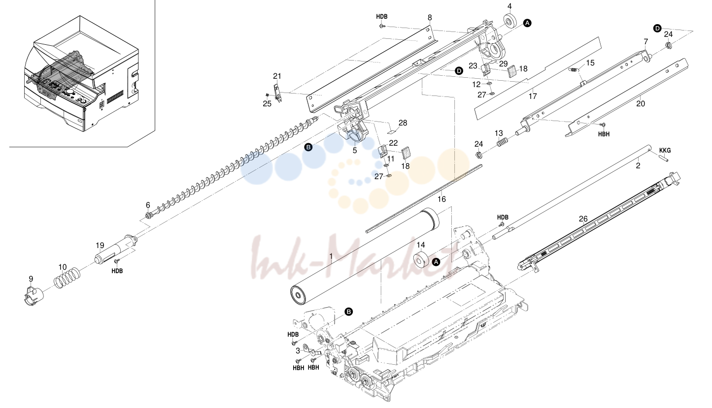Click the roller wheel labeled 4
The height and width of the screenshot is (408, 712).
pos(510,21)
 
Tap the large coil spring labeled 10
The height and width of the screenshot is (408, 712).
pos(67,278)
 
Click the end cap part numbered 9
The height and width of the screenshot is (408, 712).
pos(34,296)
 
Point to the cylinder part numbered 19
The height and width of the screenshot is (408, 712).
pos(116,250)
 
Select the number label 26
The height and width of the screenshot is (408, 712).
pos(583,219)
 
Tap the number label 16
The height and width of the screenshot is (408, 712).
pos(441,199)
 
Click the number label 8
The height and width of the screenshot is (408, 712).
pos(430,18)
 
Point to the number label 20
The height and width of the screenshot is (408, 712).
pos(641,103)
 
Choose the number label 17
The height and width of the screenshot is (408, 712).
pos(533,96)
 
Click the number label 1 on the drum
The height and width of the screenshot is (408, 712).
pos(331,256)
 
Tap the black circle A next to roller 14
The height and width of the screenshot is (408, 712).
pos(437,262)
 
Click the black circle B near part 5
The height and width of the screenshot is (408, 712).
pos(308,147)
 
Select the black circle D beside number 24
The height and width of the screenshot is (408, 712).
pos(657,29)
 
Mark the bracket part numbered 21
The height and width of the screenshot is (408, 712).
pos(278,93)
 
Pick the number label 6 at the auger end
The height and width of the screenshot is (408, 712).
pos(148,205)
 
